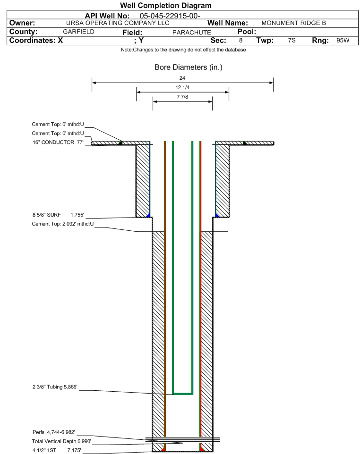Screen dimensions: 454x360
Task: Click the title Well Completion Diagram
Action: [x=166, y=6]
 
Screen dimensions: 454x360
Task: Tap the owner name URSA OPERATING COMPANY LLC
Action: [x=118, y=23]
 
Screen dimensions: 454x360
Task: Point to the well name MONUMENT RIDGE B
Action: [x=293, y=23]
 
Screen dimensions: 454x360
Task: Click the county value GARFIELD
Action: [x=78, y=32]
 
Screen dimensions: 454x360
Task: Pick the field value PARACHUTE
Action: [x=191, y=32]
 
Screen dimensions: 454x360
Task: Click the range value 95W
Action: [x=343, y=41]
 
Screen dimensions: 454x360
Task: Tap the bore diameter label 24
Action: [x=182, y=78]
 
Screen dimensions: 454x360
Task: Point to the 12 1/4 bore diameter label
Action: [x=182, y=88]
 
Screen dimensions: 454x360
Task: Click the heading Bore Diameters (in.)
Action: [x=188, y=67]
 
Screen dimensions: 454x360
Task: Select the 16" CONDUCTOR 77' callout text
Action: [x=57, y=142]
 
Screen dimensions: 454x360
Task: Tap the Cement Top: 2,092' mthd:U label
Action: [x=63, y=223]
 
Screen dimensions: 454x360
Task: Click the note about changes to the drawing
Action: [x=183, y=50]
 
